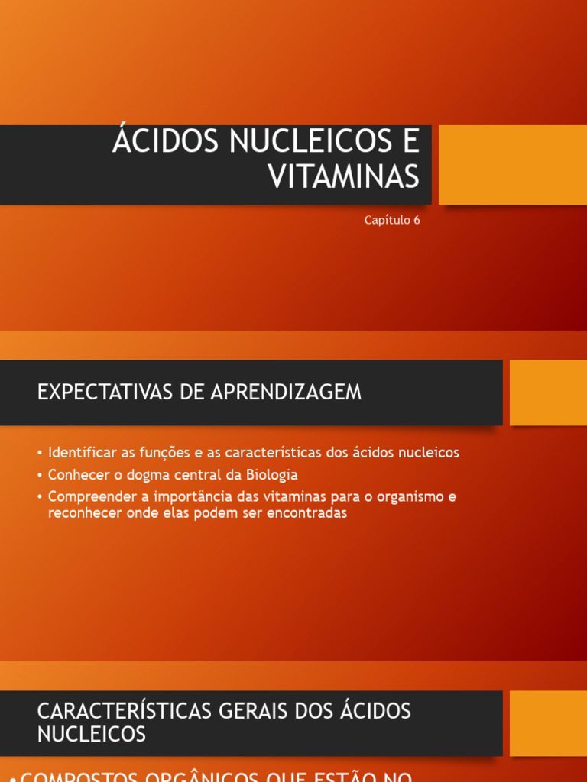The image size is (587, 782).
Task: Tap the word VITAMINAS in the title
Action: point(343,177)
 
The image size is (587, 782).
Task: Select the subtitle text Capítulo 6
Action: point(392,220)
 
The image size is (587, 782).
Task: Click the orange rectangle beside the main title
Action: point(512,165)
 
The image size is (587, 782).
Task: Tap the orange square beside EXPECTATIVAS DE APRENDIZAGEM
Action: point(548,393)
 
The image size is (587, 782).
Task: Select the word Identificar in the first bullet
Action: point(82,452)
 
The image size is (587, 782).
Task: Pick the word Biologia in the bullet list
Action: point(272,475)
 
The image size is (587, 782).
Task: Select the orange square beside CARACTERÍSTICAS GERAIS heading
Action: point(548,723)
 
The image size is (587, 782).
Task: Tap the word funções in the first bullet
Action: point(170,453)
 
